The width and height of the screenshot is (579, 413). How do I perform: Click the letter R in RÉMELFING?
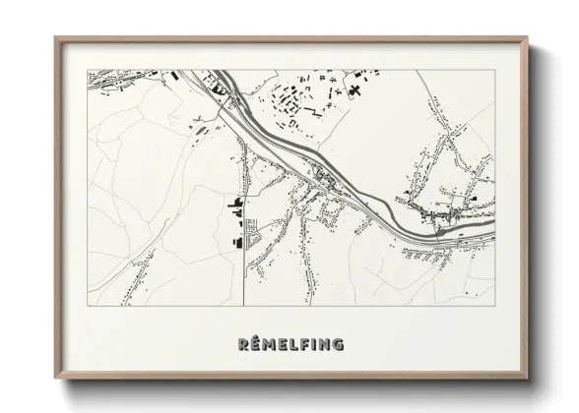[x=243, y=344]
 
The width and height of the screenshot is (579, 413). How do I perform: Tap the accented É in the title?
[x=256, y=343]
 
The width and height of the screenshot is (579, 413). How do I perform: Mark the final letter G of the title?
[x=339, y=344]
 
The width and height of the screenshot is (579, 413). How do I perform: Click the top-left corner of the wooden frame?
[x=55, y=38]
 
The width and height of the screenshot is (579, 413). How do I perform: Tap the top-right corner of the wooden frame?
[x=529, y=38]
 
